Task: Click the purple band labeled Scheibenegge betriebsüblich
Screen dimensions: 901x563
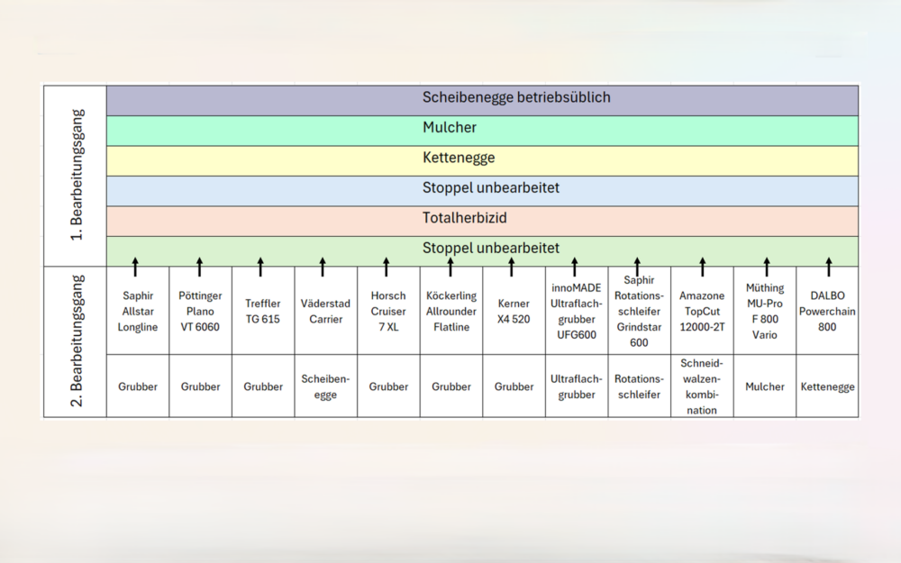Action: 482,101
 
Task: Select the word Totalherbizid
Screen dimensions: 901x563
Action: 464,218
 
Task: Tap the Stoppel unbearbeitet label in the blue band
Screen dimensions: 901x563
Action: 491,188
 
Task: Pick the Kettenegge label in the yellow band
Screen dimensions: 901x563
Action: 459,158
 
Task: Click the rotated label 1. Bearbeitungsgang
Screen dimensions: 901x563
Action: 77,176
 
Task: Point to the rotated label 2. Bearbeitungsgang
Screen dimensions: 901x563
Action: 77,341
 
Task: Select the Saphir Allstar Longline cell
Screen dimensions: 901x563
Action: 138,311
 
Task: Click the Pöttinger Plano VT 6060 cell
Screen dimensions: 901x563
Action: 201,311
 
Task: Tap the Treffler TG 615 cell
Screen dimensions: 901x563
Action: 263,311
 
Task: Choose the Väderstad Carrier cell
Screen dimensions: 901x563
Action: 326,311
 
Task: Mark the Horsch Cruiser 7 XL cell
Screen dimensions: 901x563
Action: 388,311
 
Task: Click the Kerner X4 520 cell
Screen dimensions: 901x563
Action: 514,311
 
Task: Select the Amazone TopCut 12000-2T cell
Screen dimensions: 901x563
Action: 702,311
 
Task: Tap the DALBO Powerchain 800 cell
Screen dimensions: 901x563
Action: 827,311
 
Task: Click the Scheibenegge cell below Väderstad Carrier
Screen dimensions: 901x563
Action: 326,386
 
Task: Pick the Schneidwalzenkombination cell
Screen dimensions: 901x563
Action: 702,386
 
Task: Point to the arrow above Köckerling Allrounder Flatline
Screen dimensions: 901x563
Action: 450,268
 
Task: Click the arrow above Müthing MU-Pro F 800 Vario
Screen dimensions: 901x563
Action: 767,268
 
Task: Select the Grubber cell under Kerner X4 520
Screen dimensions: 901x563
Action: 514,386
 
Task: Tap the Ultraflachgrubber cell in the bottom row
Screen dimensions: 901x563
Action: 577,386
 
